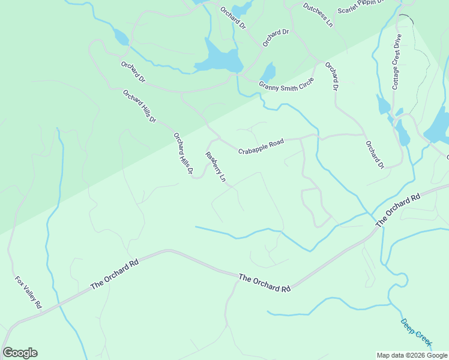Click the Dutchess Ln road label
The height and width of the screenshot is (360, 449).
318,15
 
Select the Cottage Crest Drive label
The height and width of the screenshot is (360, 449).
397,62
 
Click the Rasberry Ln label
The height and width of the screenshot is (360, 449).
215,166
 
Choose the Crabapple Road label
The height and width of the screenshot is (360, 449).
261,146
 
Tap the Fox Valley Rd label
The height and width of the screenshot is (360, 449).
28,292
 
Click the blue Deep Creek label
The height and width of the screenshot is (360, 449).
416,331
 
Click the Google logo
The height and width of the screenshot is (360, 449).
20,353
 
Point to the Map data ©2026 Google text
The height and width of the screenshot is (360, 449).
412,355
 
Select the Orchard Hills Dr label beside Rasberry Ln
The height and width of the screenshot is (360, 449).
183,154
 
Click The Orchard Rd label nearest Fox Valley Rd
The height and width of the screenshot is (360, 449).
115,274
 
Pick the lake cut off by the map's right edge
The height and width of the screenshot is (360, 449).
438,126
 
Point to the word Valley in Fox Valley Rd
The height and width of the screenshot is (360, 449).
29,293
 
